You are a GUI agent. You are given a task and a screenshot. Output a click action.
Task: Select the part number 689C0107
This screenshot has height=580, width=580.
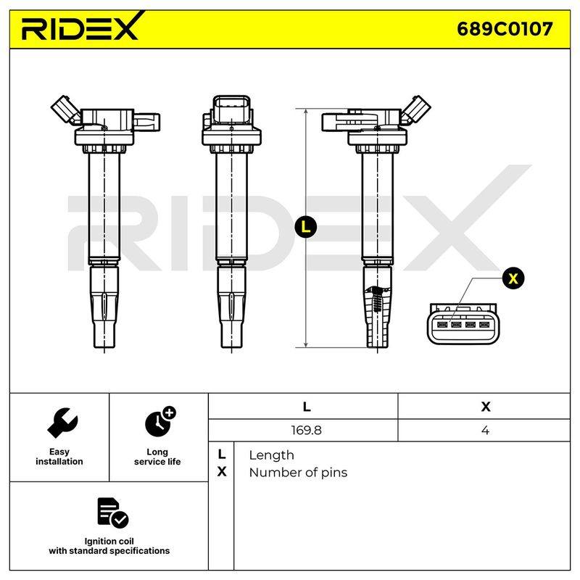click(x=505, y=29)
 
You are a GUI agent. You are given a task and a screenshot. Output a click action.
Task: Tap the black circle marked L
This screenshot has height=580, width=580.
click(x=306, y=226)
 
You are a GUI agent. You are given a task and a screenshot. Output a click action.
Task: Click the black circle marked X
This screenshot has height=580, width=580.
click(x=513, y=278)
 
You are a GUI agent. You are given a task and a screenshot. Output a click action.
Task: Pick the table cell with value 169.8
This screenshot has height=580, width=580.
click(x=306, y=430)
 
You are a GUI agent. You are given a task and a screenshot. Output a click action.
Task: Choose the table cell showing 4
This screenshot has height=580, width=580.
click(x=485, y=430)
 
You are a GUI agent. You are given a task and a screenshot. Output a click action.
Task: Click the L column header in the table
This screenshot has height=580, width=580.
click(x=306, y=407)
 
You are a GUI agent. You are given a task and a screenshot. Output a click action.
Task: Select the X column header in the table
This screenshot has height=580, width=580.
click(x=485, y=407)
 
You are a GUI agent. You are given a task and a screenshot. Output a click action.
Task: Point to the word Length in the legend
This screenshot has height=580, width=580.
click(x=271, y=455)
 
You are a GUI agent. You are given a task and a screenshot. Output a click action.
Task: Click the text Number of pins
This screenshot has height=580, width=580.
click(x=298, y=473)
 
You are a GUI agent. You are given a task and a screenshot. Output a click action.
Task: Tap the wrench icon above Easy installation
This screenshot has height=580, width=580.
click(x=62, y=423)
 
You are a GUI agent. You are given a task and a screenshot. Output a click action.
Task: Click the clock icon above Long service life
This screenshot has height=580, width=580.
click(x=160, y=422)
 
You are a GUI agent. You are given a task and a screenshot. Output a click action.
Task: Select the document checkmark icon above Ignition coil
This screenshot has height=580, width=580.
click(x=112, y=513)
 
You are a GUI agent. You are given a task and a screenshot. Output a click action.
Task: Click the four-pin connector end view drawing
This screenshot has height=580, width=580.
click(x=463, y=323)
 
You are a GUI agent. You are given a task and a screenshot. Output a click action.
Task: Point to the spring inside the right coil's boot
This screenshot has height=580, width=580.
click(x=376, y=299)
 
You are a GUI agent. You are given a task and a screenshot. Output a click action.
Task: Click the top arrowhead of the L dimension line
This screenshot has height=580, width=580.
click(x=306, y=112)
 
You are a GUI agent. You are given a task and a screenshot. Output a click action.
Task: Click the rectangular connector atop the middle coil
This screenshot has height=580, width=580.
click(x=232, y=110)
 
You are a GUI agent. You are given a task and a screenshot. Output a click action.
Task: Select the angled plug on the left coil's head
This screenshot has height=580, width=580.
click(x=66, y=110)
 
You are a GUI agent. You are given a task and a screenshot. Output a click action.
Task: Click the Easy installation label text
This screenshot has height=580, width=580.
click(x=59, y=457)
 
